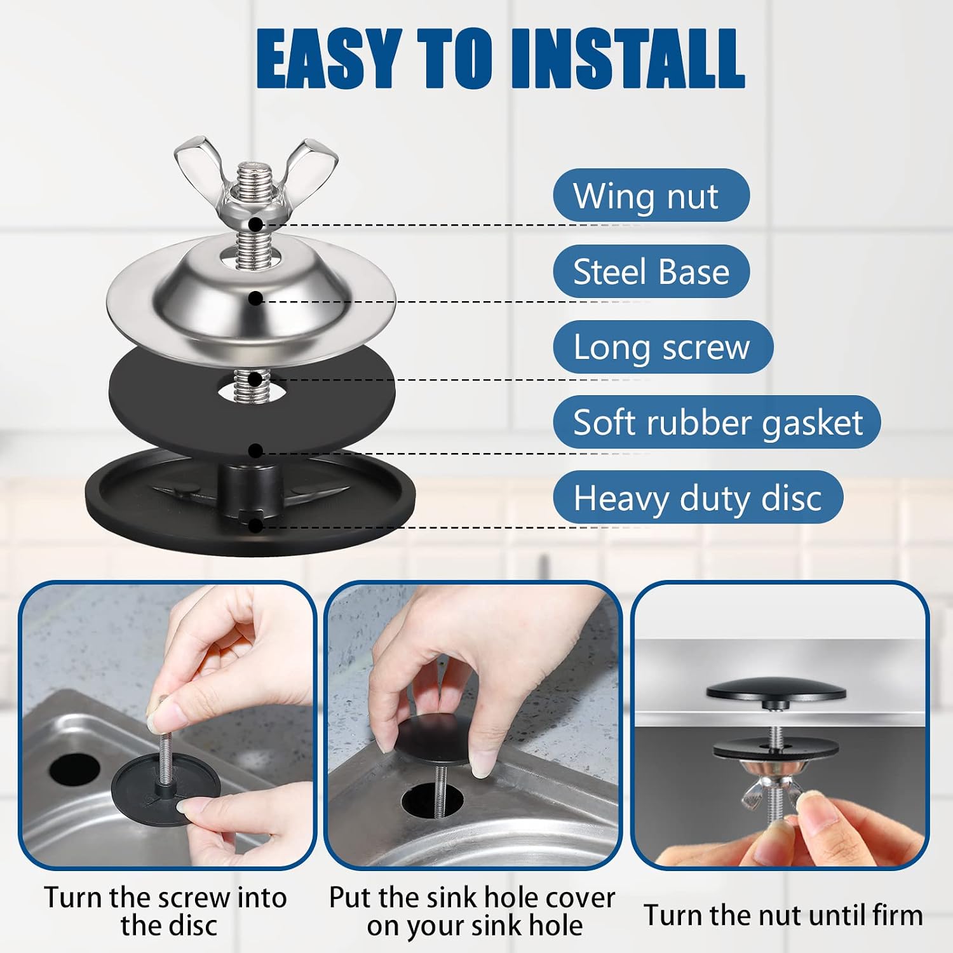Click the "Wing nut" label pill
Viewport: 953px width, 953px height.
point(651,195)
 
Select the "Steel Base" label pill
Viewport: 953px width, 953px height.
point(651,271)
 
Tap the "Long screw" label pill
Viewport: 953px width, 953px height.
point(663,347)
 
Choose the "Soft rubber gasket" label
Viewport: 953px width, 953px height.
point(717,422)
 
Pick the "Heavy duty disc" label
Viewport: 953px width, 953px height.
point(698,497)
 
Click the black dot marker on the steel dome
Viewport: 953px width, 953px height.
point(255,298)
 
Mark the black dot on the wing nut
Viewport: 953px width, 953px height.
point(255,224)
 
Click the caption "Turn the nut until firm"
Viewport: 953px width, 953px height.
point(783,916)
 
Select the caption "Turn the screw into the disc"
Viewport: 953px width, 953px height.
point(165,912)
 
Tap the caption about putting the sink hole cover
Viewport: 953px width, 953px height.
point(472,912)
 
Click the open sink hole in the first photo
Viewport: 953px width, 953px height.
point(74,769)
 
